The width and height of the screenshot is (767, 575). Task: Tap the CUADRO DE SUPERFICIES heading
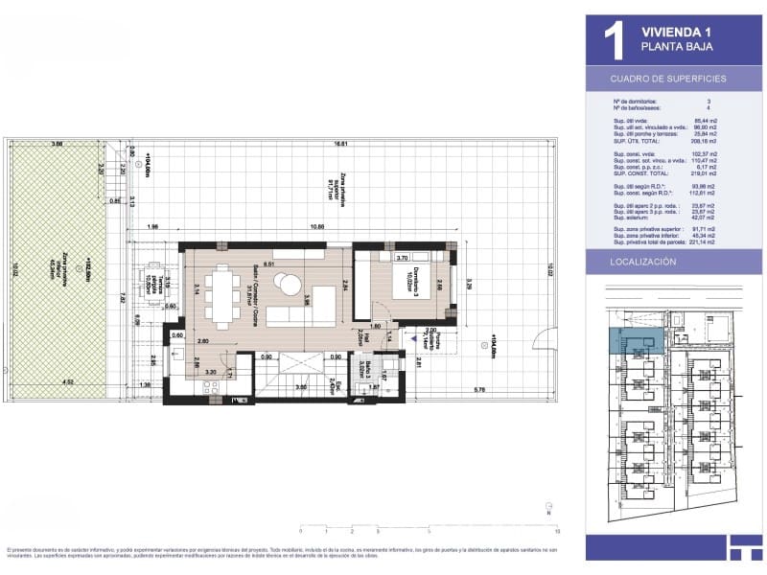click(x=668, y=79)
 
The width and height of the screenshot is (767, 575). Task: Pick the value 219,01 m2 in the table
click(x=732, y=174)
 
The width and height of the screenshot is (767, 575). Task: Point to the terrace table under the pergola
click(x=153, y=287)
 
